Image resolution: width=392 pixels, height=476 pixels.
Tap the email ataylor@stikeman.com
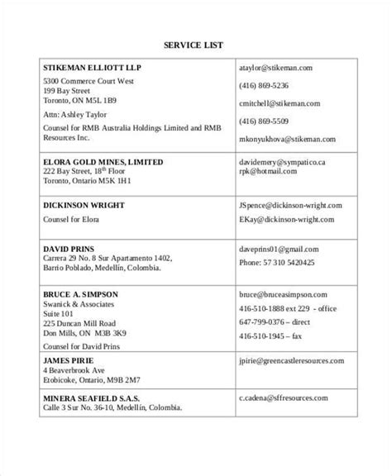(275, 68)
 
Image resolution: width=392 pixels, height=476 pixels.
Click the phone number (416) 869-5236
(264, 85)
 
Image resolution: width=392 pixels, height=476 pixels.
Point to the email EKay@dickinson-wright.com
(284, 221)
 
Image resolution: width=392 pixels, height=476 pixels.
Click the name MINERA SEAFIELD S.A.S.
(97, 397)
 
